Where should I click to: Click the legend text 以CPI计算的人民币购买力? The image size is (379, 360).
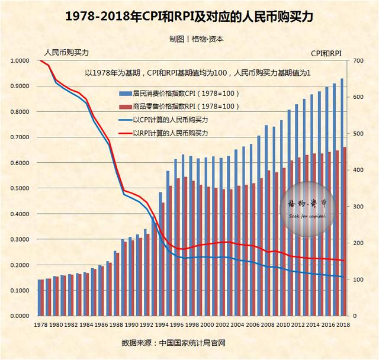(174, 120)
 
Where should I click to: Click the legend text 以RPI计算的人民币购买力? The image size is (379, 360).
(174, 134)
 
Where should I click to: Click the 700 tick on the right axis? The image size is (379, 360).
(358, 61)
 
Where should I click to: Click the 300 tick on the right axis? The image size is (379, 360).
(358, 207)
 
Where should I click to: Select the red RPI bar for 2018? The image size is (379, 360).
(345, 231)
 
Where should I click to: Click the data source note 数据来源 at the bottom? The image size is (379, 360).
(174, 343)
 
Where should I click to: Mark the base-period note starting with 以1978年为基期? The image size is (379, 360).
(198, 72)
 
